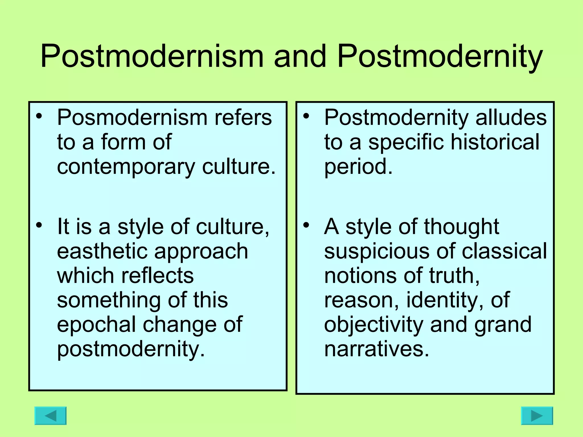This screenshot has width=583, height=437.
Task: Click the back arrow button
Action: (50, 416)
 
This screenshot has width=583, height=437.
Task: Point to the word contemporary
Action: (126, 167)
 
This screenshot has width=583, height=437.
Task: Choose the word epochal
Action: (96, 325)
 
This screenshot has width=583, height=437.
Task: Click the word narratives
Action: (376, 349)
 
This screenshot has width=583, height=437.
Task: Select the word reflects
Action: (157, 276)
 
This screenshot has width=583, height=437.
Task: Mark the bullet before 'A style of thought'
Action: (306, 225)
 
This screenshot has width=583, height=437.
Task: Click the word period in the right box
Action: (358, 167)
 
